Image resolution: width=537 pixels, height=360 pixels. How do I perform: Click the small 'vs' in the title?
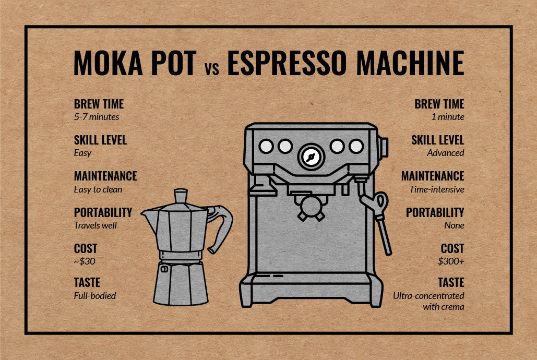tap(212, 69)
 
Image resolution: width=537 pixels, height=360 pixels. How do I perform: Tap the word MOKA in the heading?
tap(108, 63)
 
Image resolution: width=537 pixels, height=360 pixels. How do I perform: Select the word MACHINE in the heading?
tap(410, 63)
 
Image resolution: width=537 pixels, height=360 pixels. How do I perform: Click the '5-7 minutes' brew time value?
tap(97, 117)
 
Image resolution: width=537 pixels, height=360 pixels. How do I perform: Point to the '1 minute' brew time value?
tap(448, 117)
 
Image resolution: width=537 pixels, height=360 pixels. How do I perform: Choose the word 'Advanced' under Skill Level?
tap(446, 153)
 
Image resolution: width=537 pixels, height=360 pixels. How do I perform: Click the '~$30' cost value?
tap(85, 261)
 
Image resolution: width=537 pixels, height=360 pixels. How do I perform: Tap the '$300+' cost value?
tap(451, 261)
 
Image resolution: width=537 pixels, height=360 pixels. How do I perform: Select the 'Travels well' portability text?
tap(95, 225)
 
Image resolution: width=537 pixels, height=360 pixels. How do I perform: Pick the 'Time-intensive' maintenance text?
tap(437, 189)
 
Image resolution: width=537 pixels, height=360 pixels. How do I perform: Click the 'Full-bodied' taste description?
tap(95, 296)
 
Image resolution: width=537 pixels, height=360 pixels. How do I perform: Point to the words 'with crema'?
tap(444, 307)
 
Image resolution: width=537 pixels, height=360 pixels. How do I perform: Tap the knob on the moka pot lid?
tap(181, 196)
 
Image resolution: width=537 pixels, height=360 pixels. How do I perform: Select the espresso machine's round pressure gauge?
tap(311, 157)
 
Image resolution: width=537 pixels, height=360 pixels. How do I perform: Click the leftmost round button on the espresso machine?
tap(266, 147)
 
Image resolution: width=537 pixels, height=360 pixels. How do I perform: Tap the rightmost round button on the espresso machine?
tap(356, 147)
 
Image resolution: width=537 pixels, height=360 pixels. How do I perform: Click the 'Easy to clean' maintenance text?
tap(98, 189)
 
